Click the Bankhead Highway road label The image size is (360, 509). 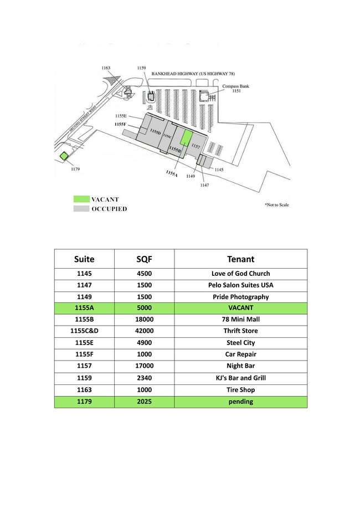(x=193, y=74)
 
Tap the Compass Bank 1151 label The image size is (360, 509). (x=236, y=88)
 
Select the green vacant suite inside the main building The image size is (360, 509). (x=186, y=139)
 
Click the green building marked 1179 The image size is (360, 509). (x=64, y=156)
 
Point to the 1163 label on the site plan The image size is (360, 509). (x=106, y=68)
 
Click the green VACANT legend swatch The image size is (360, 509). (x=81, y=199)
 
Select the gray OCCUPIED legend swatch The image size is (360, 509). (x=81, y=208)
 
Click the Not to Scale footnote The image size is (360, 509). (x=276, y=205)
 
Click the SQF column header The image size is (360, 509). (x=144, y=259)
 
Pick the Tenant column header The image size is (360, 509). (x=240, y=259)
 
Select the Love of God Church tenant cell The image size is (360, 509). (x=240, y=274)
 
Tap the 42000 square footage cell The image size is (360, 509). (x=144, y=331)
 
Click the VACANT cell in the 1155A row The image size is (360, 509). (x=240, y=308)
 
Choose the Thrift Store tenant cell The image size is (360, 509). (x=240, y=331)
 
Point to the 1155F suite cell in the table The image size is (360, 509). (x=84, y=354)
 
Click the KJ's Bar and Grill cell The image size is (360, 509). (x=240, y=378)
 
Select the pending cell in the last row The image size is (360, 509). (x=240, y=402)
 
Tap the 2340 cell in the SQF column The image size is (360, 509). (x=144, y=378)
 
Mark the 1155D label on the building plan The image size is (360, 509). (x=156, y=131)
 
